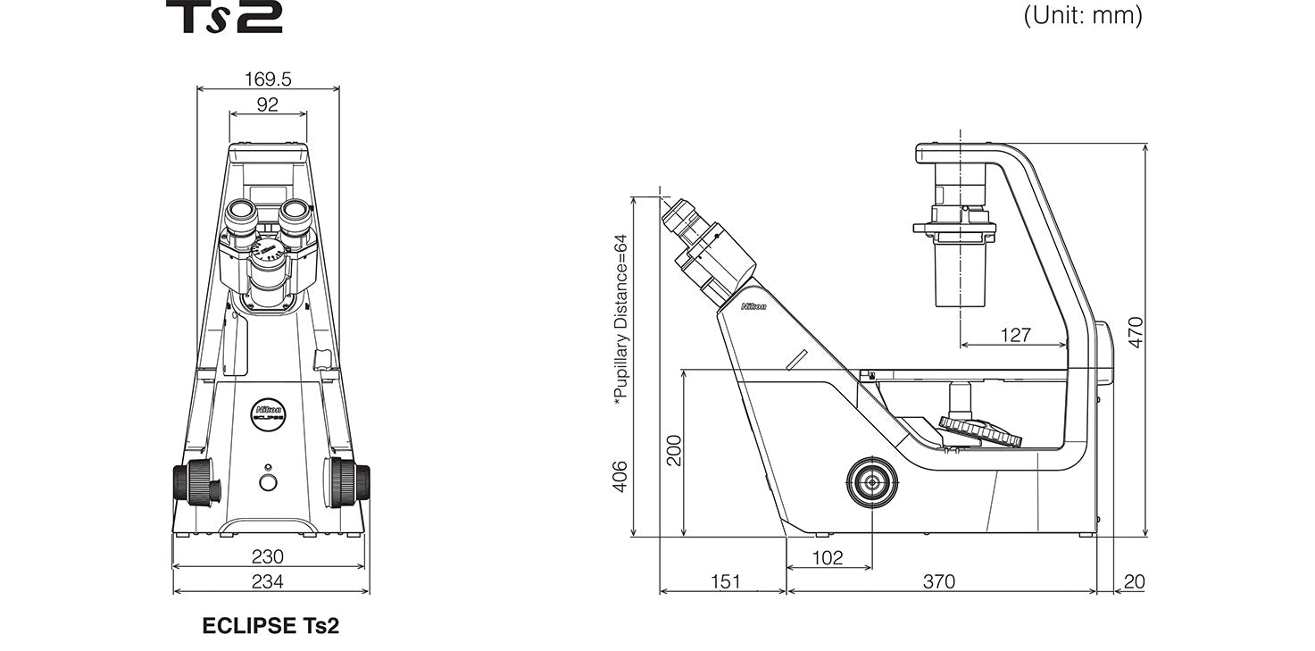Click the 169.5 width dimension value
click(268, 79)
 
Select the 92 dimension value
click(268, 104)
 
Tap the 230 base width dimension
click(268, 556)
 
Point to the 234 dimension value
click(268, 582)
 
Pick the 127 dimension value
click(1014, 335)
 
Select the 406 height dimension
click(620, 475)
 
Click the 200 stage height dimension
click(673, 451)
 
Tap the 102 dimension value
click(828, 557)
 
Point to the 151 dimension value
click(725, 581)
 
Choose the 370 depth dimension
click(938, 581)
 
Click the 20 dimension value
click(1133, 581)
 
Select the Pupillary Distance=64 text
click(620, 320)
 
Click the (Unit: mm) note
click(1082, 15)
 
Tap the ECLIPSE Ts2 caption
click(270, 626)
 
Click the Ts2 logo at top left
click(224, 17)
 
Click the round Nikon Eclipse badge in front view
click(268, 413)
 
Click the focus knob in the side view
click(871, 483)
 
